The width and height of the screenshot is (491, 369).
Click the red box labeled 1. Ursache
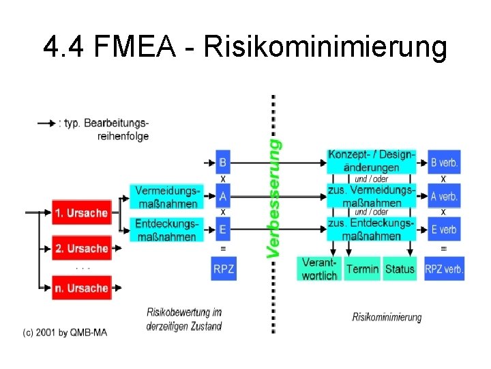click(x=80, y=213)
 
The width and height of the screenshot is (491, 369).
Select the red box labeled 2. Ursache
click(x=80, y=248)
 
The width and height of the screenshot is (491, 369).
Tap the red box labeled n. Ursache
click(x=80, y=288)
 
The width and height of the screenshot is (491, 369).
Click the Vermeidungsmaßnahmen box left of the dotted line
click(x=166, y=197)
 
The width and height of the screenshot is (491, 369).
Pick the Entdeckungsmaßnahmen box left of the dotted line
click(x=166, y=230)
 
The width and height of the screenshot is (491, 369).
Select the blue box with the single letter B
click(x=223, y=163)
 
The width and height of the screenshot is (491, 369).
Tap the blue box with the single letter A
click(x=223, y=197)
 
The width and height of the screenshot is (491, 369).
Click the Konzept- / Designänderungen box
click(x=371, y=161)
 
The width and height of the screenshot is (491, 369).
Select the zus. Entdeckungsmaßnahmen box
click(x=371, y=230)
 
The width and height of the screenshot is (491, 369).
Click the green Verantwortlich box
click(x=318, y=269)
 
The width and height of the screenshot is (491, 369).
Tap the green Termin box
click(x=362, y=269)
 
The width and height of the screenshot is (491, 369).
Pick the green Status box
click(x=400, y=269)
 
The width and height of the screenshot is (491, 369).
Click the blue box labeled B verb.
click(x=444, y=163)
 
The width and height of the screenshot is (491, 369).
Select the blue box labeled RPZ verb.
click(x=444, y=269)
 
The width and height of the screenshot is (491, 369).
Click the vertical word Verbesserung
click(x=273, y=198)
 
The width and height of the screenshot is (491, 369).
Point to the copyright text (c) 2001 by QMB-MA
click(x=65, y=333)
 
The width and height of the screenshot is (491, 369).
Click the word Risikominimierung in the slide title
click(x=326, y=48)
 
